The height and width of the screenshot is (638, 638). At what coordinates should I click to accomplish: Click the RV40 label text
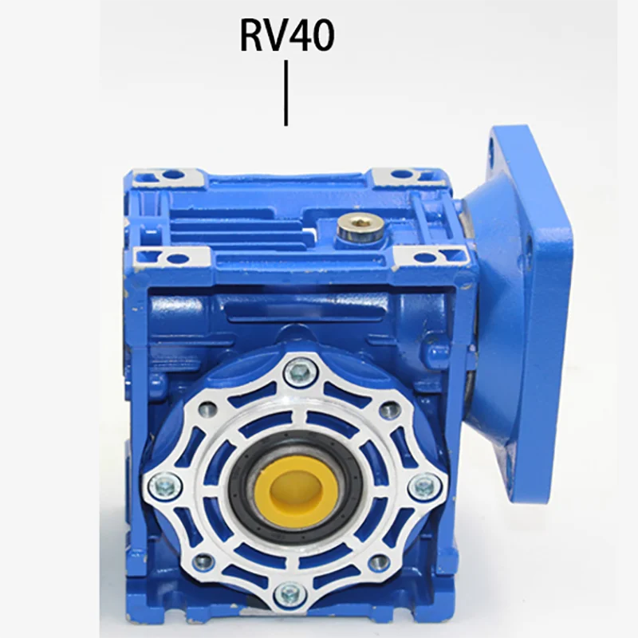pyautogui.click(x=286, y=37)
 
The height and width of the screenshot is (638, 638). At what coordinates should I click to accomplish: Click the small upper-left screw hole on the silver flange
pyautogui.click(x=206, y=409)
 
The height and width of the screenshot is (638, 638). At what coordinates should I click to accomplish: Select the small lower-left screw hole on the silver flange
pyautogui.click(x=203, y=560)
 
